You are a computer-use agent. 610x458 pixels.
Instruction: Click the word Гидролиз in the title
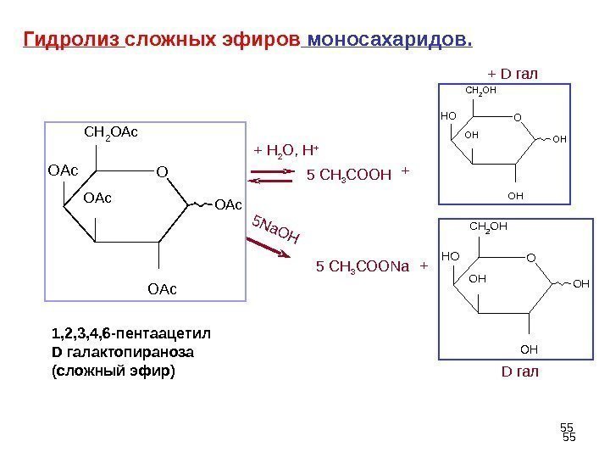[x=73, y=40]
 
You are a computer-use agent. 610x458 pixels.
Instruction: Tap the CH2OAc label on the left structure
[x=111, y=132]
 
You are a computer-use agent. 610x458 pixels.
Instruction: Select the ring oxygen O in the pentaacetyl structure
[x=162, y=173]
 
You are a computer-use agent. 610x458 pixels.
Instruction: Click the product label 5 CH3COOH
[x=348, y=176]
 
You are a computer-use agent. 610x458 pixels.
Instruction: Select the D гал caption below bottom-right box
[x=520, y=371]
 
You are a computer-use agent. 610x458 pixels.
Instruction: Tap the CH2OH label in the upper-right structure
[x=480, y=88]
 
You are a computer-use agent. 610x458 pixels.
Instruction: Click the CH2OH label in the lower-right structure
[x=487, y=226]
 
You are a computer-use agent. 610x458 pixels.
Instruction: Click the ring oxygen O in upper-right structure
[x=518, y=118]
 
